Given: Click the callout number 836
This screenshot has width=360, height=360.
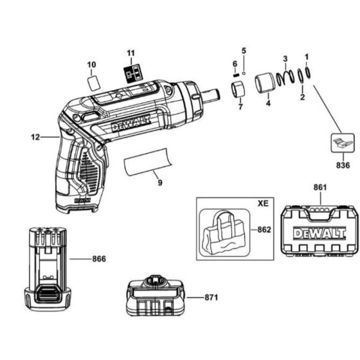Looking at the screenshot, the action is [x=343, y=165].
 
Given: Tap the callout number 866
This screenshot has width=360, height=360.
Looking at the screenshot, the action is [x=99, y=258].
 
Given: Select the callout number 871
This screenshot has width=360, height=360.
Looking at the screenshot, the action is [x=212, y=297].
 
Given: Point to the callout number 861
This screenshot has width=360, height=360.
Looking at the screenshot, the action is [x=320, y=187].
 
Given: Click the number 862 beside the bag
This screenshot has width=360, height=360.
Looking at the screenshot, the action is [x=264, y=230].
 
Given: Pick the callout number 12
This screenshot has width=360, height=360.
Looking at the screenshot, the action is [x=35, y=137].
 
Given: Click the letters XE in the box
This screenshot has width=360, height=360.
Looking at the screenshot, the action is [x=263, y=203].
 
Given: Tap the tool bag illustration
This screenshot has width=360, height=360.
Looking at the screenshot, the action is [x=224, y=232].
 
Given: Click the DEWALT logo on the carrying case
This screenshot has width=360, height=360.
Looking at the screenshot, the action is [x=319, y=233].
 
